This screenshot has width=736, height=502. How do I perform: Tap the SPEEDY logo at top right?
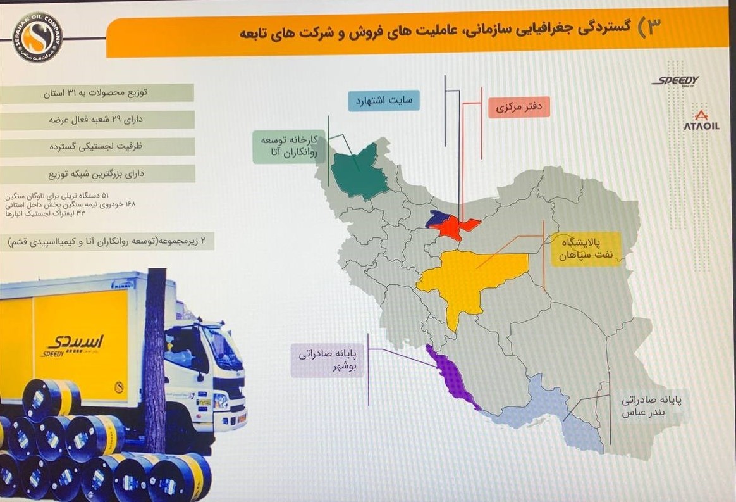click(x=675, y=80)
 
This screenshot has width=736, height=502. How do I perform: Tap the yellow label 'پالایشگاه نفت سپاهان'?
click(x=585, y=249)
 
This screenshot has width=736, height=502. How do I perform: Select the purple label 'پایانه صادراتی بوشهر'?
click(x=328, y=360)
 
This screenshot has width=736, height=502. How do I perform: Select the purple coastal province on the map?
click(x=452, y=377)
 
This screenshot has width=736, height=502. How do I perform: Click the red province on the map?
click(x=457, y=227)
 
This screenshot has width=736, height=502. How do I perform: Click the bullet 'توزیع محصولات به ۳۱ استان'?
click(x=98, y=92)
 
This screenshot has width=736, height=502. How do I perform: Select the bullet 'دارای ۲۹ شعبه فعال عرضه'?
click(x=98, y=120)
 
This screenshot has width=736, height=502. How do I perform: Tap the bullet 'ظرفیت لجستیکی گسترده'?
click(x=98, y=146)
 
